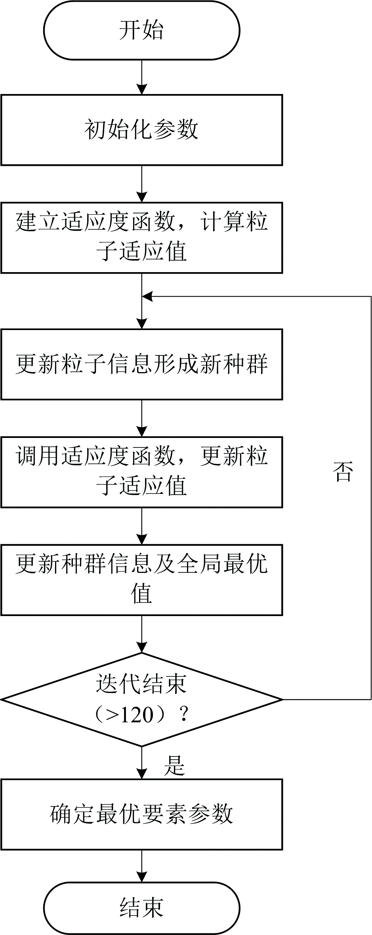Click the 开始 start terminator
coord(141,30)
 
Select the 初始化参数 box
coord(141,130)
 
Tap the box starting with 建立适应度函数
coord(141,238)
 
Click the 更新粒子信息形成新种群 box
coord(141,364)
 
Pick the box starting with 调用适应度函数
coord(141,472)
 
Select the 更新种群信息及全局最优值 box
coord(141,580)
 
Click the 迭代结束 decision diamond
coord(141,699)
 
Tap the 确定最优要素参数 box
coord(141,814)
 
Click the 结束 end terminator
coord(141,908)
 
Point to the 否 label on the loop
coord(343,472)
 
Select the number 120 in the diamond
coord(136,715)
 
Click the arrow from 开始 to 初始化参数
coord(141,77)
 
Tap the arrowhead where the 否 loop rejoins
coord(147,296)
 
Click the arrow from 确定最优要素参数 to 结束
coord(141,866)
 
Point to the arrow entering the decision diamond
coord(141,634)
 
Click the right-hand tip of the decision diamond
coord(282,699)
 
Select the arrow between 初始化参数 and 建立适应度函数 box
coord(141,184)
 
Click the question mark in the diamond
coord(183,715)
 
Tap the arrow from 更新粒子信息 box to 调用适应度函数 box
coord(141,418)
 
